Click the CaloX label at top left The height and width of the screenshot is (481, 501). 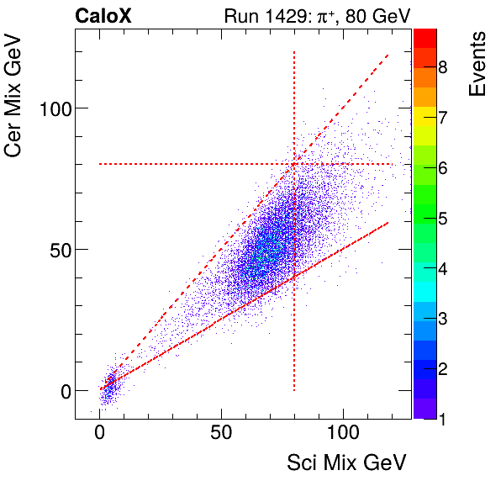(x=103, y=16)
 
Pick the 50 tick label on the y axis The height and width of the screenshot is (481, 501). (x=55, y=250)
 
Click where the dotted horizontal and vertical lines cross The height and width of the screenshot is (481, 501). (x=294, y=164)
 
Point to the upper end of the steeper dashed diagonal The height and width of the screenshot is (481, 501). (x=388, y=55)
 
